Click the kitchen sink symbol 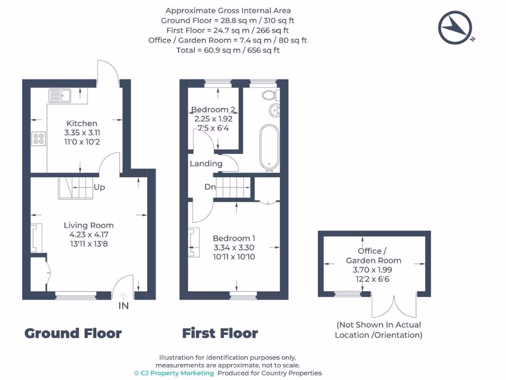[61, 95]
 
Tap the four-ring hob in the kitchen [39, 139]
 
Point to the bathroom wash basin [274, 110]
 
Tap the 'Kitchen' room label [82, 123]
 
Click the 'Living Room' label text [89, 225]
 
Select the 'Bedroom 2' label [213, 109]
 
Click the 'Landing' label [206, 163]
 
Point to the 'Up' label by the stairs [99, 188]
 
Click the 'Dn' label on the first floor [210, 187]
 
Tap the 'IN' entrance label [124, 306]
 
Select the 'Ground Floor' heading [73, 333]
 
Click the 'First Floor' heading [220, 333]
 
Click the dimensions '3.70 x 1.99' [374, 270]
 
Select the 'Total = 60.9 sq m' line [228, 50]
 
